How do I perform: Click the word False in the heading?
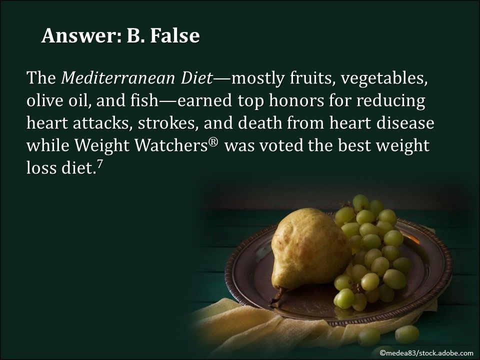tap(172, 35)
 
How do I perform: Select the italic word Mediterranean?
tap(117, 79)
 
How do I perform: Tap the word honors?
tap(297, 100)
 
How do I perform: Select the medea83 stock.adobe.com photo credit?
tap(426, 353)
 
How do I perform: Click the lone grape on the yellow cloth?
tap(407, 333)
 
